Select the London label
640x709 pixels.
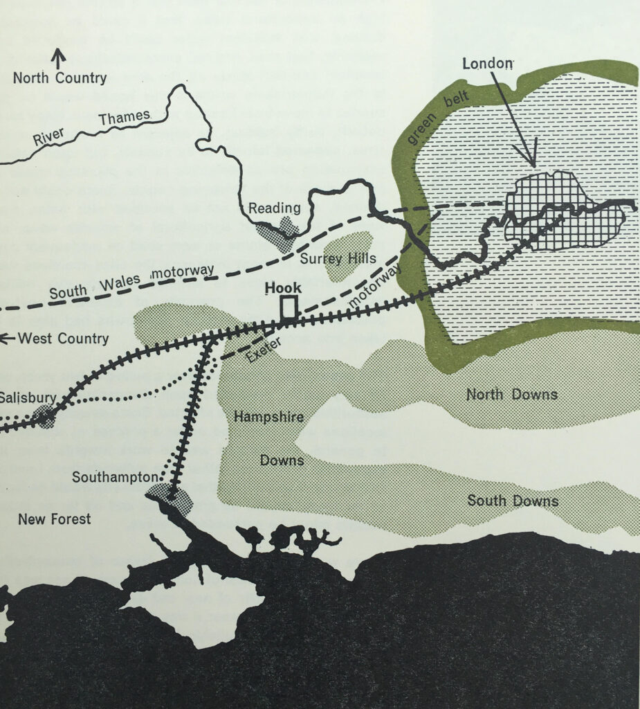[x=488, y=64]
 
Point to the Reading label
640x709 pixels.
[x=275, y=208]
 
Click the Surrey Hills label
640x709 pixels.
[x=338, y=258]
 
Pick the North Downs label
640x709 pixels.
[x=511, y=395]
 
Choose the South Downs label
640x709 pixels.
[x=513, y=501]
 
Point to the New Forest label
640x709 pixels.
[x=54, y=519]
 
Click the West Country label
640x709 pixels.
[x=63, y=339]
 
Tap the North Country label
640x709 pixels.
[x=60, y=78]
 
